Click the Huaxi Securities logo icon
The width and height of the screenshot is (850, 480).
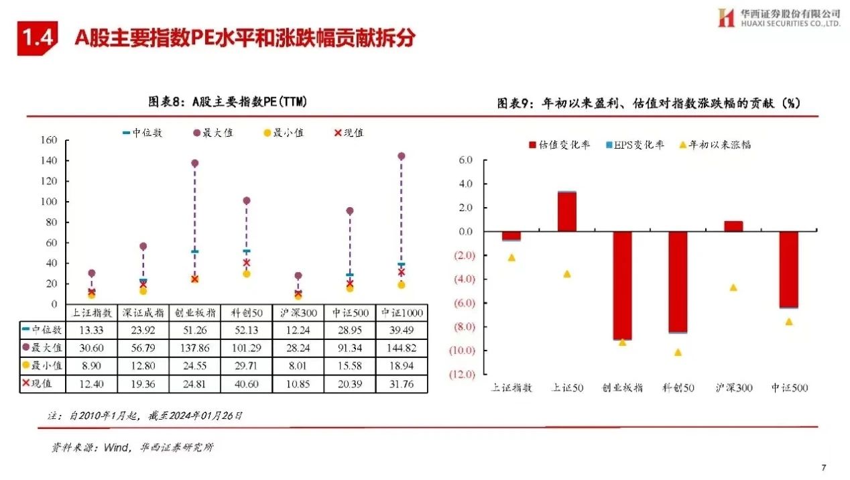pyautogui.click(x=726, y=17)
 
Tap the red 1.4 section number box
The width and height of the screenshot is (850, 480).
pyautogui.click(x=37, y=39)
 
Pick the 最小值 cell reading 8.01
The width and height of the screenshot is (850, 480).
pyautogui.click(x=298, y=366)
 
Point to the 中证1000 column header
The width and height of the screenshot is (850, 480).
pyautogui.click(x=402, y=312)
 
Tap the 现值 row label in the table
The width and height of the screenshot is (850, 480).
pyautogui.click(x=43, y=384)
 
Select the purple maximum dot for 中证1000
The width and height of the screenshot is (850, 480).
pyautogui.click(x=402, y=156)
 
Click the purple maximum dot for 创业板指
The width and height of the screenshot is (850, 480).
pyautogui.click(x=195, y=163)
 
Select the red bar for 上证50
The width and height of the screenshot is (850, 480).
pyautogui.click(x=567, y=212)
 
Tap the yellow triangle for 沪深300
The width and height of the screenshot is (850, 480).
pyautogui.click(x=733, y=288)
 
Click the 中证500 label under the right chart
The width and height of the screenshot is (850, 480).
pyautogui.click(x=789, y=388)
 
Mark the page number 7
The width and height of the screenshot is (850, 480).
pyautogui.click(x=824, y=467)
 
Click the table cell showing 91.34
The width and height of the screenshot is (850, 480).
pyautogui.click(x=350, y=348)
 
